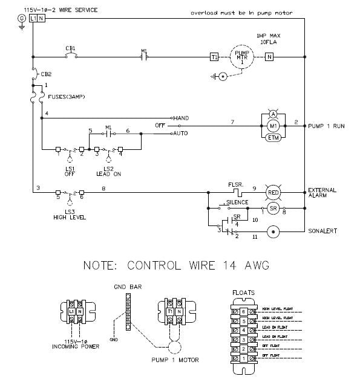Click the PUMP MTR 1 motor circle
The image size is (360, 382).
click(242, 57)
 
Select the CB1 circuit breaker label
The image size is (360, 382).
click(70, 47)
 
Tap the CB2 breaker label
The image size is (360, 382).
click(46, 74)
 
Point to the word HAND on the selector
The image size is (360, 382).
click(182, 117)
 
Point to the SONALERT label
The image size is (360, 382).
click(322, 231)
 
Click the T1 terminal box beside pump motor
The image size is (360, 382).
click(214, 57)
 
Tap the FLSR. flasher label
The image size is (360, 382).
click(236, 184)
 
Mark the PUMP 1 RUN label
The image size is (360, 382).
click(327, 126)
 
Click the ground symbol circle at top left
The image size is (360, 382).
click(21, 19)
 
